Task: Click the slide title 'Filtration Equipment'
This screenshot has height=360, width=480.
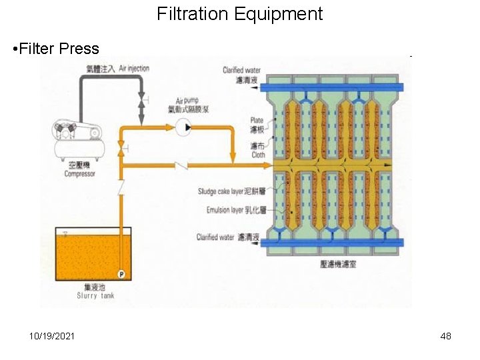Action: [240, 14]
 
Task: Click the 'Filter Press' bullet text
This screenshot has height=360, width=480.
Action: [59, 49]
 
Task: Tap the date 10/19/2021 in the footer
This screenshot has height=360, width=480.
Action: [52, 336]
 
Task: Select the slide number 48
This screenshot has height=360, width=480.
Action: [445, 336]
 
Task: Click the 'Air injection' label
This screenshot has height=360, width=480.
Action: [134, 68]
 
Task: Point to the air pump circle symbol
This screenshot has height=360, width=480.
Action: [184, 127]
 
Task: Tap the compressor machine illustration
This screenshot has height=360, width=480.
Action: [79, 139]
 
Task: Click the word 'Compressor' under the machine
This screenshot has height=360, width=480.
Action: [79, 174]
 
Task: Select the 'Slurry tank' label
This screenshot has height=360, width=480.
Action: [96, 295]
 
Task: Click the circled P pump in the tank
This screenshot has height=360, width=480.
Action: [121, 274]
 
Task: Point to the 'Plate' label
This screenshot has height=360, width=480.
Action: [257, 121]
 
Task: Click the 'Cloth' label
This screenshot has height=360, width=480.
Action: [258, 155]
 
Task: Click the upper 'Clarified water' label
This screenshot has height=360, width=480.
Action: [241, 70]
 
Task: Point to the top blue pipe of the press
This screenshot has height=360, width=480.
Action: [333, 87]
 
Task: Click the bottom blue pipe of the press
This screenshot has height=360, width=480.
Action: [333, 243]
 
